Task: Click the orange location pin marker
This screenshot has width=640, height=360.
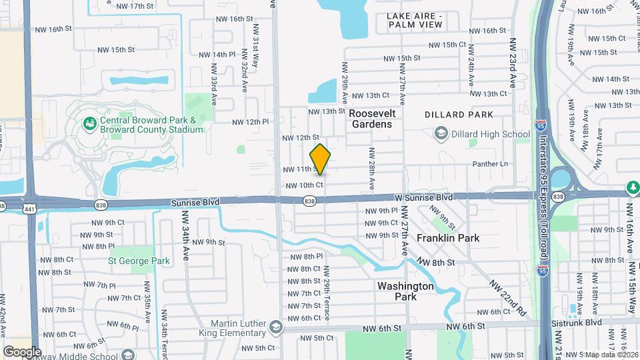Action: [321, 159]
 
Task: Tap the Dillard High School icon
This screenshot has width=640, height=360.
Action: [440, 135]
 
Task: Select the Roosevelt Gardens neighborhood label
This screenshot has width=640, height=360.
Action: [372, 119]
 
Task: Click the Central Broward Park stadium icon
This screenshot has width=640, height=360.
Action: [89, 123]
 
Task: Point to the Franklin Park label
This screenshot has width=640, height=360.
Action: [448, 238]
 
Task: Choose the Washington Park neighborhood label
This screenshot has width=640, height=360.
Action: [405, 291]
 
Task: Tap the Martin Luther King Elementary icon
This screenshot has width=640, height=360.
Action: [275, 327]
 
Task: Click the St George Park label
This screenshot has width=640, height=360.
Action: [139, 261]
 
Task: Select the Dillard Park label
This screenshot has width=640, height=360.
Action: [459, 115]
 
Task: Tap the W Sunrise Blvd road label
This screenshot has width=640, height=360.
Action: [423, 197]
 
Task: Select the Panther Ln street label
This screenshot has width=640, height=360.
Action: [490, 164]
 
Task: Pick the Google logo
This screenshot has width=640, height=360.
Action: [22, 351]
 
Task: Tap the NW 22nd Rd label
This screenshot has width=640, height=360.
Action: [508, 296]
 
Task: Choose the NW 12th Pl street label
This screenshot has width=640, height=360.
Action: [250, 122]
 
